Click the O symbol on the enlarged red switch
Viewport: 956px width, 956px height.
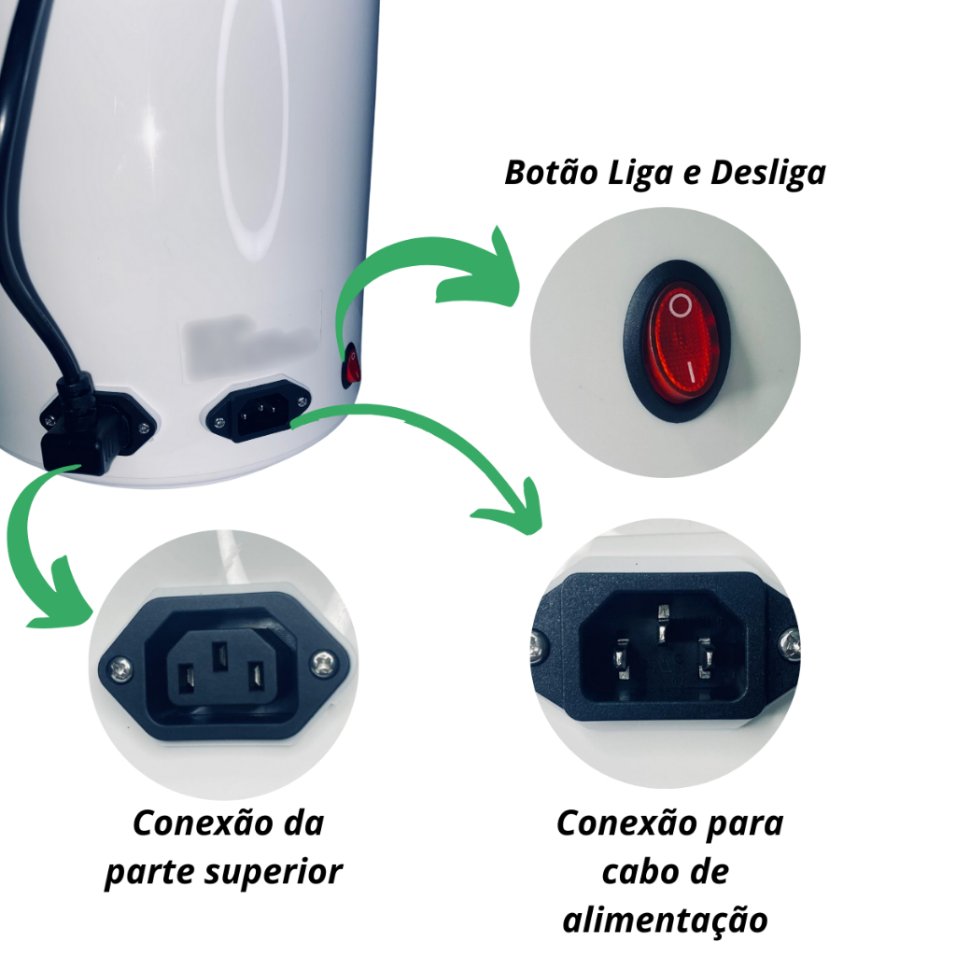pos(681,305)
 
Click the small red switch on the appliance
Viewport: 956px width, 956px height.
pos(352,365)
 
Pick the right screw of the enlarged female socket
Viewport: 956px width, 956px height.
pos(322,664)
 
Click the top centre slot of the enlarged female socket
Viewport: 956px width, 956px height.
pos(219,656)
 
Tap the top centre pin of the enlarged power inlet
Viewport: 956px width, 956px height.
pos(663,621)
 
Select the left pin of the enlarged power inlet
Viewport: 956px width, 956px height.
pos(622,659)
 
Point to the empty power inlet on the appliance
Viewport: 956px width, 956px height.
pos(259,408)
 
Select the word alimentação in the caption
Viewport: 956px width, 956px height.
pos(665,921)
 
